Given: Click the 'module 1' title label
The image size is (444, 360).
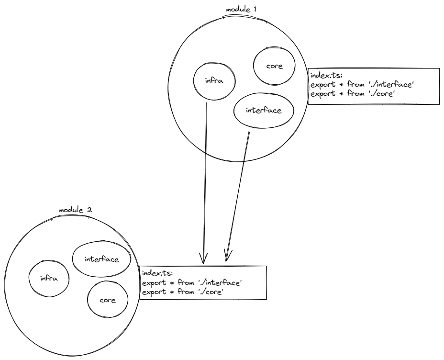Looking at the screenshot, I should [243, 10].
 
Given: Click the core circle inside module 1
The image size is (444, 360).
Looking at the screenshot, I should [275, 66].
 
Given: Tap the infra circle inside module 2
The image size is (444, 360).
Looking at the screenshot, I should [48, 278].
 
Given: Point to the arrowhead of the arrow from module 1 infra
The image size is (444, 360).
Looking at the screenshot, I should [204, 261].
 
